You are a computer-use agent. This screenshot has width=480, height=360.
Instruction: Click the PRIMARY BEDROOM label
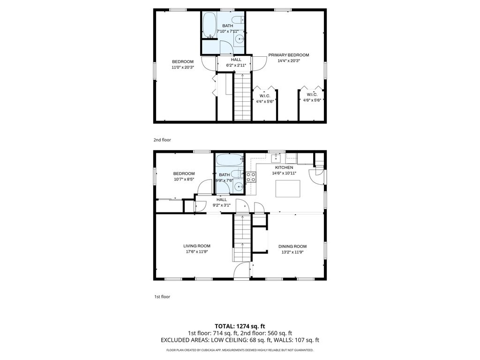[289, 55]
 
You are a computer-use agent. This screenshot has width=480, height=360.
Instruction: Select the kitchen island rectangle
[288, 188]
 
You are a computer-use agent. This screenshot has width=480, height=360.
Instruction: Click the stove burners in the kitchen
[251, 177]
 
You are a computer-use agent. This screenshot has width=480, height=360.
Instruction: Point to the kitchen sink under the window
[276, 158]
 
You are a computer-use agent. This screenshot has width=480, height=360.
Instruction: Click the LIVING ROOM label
[197, 246]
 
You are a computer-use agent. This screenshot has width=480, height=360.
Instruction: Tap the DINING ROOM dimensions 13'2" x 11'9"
[292, 253]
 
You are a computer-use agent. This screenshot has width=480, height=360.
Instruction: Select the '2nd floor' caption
[162, 140]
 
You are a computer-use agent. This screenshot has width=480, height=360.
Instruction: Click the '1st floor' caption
[162, 297]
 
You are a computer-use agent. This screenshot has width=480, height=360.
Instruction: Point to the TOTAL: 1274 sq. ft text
[240, 326]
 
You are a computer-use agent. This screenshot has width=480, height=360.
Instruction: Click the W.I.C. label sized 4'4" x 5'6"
[265, 96]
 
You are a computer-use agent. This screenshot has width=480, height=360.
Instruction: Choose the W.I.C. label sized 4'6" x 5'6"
[312, 95]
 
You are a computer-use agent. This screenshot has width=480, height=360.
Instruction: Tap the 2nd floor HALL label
[236, 60]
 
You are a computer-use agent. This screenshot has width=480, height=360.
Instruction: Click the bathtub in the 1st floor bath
[230, 160]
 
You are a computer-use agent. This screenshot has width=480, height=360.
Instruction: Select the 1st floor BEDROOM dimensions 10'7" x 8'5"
[184, 180]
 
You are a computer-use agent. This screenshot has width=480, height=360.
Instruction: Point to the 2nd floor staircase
[243, 97]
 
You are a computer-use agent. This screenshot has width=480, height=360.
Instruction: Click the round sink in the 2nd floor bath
[240, 39]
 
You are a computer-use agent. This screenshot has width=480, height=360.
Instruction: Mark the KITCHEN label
[284, 168]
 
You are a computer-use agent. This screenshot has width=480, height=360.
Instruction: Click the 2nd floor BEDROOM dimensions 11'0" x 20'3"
[183, 67]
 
